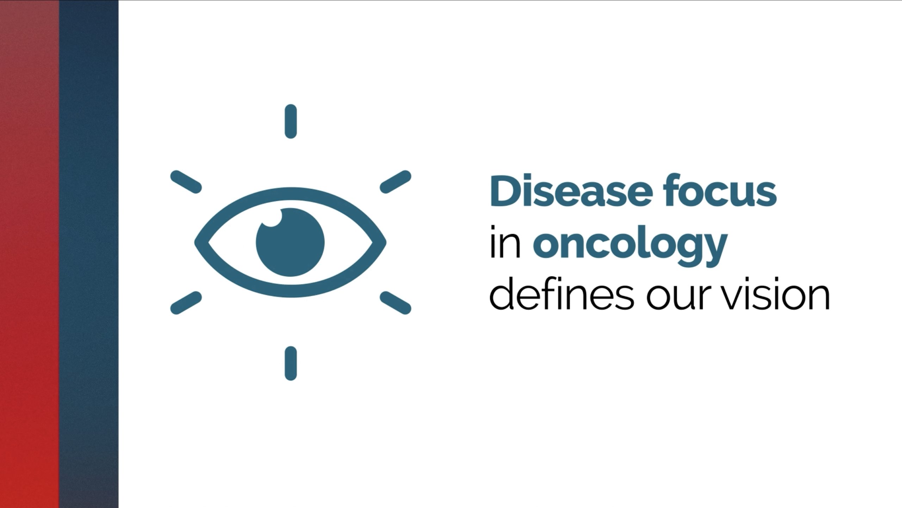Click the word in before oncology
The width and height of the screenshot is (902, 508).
(505, 241)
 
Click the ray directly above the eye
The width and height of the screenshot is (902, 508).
(291, 121)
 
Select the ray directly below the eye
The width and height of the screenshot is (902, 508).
(291, 363)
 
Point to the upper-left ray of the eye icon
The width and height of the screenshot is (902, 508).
(186, 182)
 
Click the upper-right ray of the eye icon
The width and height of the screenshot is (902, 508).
(395, 182)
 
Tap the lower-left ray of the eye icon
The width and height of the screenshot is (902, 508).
(186, 303)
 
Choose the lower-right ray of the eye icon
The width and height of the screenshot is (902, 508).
(395, 303)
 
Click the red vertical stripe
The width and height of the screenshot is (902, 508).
(30, 254)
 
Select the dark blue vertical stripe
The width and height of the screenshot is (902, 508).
(89, 254)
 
